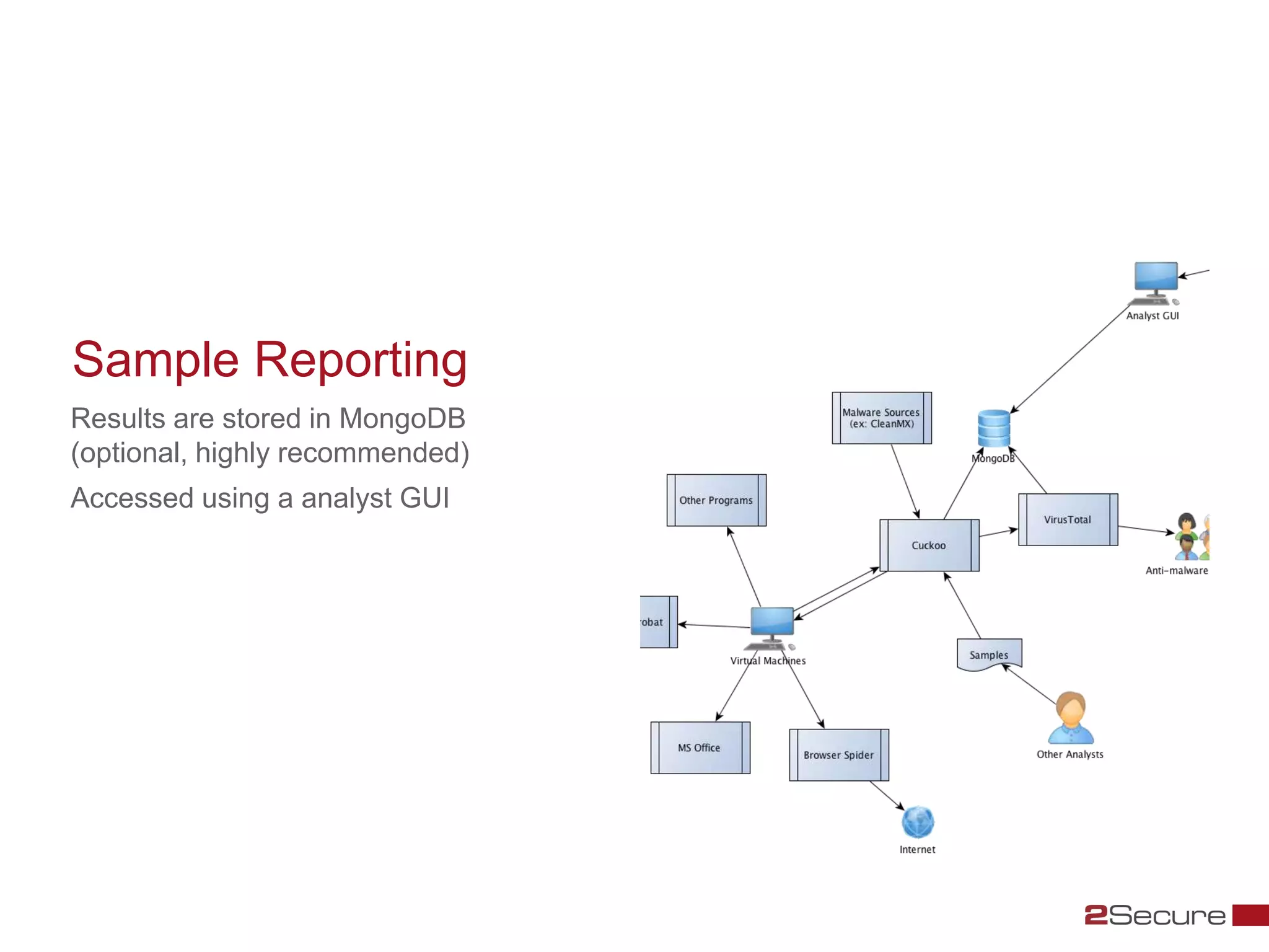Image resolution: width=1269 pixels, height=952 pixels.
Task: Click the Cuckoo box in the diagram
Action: click(929, 545)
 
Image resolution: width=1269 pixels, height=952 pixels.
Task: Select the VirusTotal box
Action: click(1068, 519)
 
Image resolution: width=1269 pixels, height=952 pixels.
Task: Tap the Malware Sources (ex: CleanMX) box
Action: click(881, 418)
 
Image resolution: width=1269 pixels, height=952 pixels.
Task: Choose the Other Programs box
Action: click(716, 500)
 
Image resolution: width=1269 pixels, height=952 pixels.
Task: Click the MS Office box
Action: click(700, 747)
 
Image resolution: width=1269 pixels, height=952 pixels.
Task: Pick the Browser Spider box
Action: click(839, 755)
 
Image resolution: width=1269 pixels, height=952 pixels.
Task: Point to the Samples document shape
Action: click(989, 654)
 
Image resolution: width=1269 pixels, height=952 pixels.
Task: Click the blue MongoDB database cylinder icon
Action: click(994, 428)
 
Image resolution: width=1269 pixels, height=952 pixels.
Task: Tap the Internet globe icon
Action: click(918, 822)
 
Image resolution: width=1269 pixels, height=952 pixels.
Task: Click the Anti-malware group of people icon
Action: click(1190, 537)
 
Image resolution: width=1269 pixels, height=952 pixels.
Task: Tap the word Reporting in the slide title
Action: click(361, 360)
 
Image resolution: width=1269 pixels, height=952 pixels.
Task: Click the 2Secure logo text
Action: click(1155, 915)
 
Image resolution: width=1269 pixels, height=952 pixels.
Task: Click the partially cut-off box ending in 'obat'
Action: click(658, 622)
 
